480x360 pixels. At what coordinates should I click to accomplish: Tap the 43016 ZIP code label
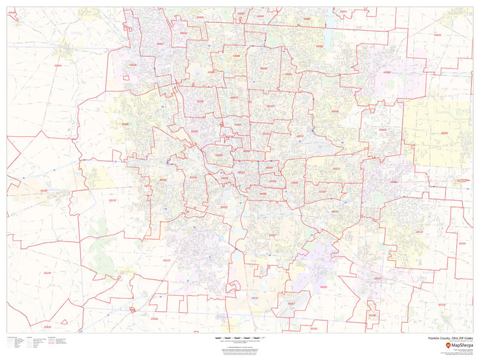click(x=132, y=65)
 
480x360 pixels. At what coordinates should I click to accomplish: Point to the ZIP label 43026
click(x=125, y=124)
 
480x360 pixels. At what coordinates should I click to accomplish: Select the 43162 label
click(x=44, y=191)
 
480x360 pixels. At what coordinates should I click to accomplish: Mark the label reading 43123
click(x=166, y=260)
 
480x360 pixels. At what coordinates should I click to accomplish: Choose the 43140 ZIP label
click(x=46, y=273)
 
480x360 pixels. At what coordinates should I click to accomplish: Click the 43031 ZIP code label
click(x=437, y=35)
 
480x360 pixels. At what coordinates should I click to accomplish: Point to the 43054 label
click(x=387, y=72)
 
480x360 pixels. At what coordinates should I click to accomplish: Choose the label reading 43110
click(x=378, y=278)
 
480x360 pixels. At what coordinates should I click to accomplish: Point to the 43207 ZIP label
click(x=272, y=235)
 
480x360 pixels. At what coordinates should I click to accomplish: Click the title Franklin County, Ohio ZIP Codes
click(x=451, y=338)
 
